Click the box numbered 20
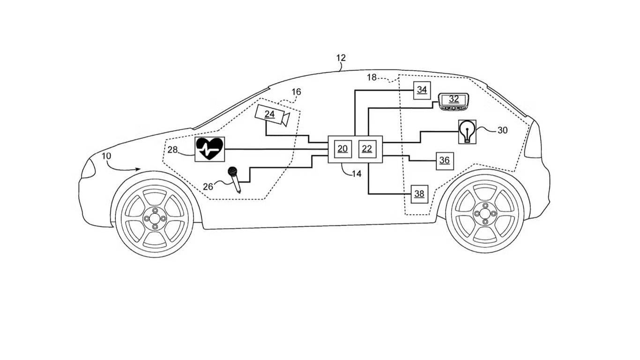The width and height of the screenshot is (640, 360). (342, 149)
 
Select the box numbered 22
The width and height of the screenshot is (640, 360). (367, 149)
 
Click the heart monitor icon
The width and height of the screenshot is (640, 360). (209, 149)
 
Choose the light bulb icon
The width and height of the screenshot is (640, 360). (467, 131)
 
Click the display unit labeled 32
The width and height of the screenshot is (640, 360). (454, 100)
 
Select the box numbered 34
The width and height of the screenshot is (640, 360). (422, 90)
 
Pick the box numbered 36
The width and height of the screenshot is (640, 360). (444, 161)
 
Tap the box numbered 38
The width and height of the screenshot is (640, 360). (419, 194)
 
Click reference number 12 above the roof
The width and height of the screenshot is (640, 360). (341, 58)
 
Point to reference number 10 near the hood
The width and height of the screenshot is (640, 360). (107, 155)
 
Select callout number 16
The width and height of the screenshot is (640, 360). (296, 92)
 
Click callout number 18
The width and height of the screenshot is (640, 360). (372, 77)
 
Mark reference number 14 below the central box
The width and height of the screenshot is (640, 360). (357, 173)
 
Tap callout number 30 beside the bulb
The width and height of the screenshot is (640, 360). (502, 130)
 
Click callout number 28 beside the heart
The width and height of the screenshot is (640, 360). (173, 150)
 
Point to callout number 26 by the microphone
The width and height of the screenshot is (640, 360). (208, 187)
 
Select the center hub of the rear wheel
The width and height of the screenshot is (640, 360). (485, 214)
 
